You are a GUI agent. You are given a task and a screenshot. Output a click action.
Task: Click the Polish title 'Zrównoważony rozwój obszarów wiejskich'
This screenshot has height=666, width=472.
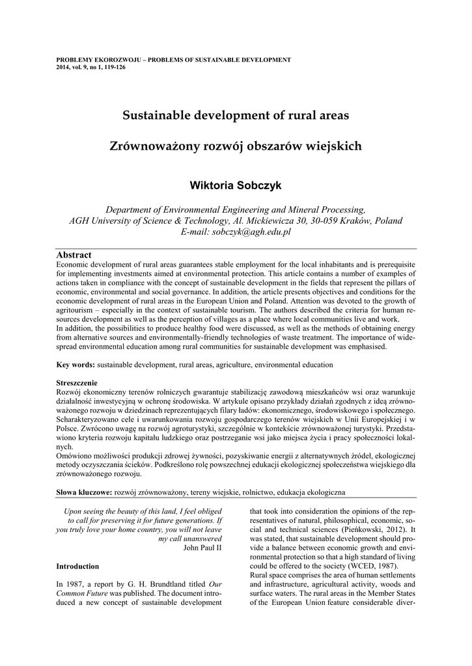point(236,146)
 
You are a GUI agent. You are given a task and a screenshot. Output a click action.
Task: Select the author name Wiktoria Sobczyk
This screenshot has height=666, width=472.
point(236,185)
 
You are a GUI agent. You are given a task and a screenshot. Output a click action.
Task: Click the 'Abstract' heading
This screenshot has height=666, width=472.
point(74,255)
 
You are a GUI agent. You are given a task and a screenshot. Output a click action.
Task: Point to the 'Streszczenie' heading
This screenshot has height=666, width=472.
point(77,382)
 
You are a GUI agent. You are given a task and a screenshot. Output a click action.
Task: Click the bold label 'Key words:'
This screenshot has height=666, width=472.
point(76,365)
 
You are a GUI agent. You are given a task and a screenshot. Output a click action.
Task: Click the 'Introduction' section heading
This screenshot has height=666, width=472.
point(77,566)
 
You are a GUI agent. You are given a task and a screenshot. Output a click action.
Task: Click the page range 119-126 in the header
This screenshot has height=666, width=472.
point(114,67)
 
